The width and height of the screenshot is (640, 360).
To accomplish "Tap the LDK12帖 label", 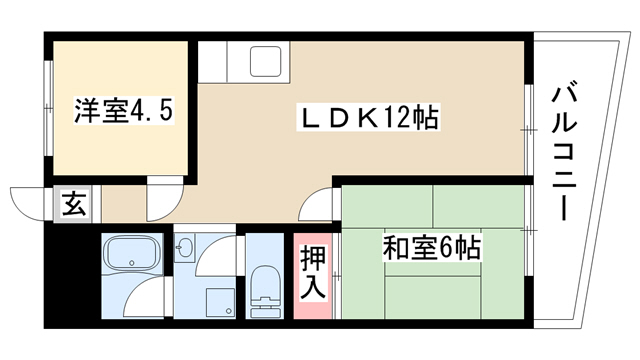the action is [368, 118].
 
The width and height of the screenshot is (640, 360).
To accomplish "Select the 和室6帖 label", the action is [431, 248].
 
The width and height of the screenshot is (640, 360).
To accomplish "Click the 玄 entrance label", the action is [75, 204].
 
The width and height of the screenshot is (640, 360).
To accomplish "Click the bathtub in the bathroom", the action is [131, 252].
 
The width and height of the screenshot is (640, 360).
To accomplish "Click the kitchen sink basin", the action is [265, 62].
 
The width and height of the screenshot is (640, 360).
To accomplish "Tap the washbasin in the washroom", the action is [184, 247].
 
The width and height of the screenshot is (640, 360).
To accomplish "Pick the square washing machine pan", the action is [221, 303].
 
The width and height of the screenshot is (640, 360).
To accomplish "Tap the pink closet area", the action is [313, 276].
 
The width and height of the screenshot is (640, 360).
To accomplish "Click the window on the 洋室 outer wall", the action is [48, 108].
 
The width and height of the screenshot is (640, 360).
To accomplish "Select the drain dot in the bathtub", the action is [131, 263].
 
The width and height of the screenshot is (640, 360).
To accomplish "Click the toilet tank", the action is [266, 309].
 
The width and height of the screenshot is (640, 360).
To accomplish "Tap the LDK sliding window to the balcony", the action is [529, 130].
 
